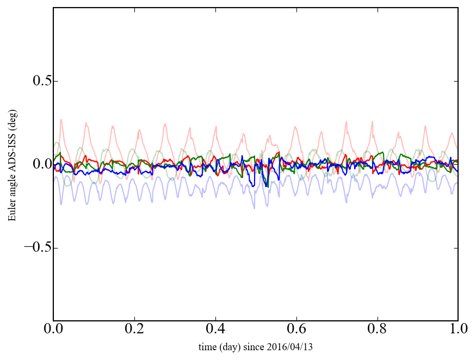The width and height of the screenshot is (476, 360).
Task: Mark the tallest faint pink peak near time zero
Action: click(61, 120)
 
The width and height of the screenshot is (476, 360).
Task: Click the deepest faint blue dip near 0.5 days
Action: click(254, 208)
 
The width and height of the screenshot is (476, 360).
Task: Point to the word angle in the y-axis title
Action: click(11, 191)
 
